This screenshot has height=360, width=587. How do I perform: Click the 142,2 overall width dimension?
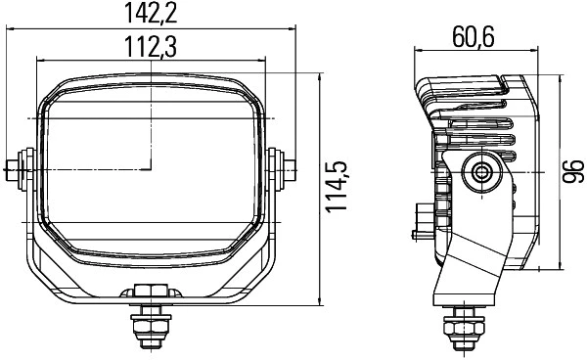151,13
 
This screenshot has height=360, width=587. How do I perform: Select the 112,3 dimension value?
151,45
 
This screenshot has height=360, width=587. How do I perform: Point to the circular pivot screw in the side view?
481,172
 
